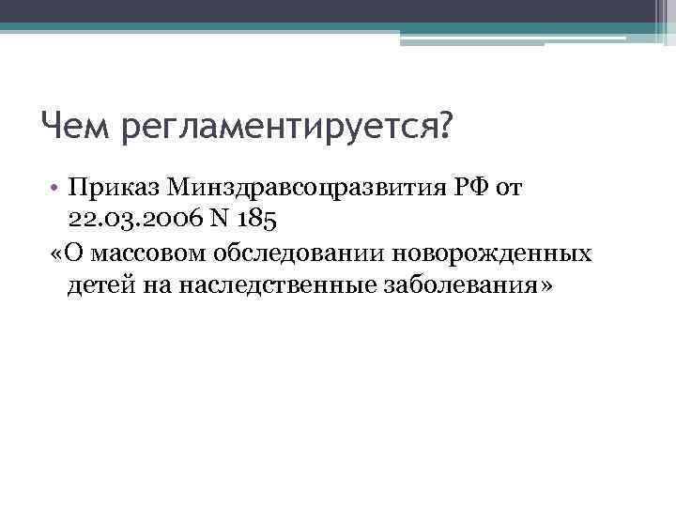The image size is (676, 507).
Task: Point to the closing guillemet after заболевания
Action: click(x=545, y=286)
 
